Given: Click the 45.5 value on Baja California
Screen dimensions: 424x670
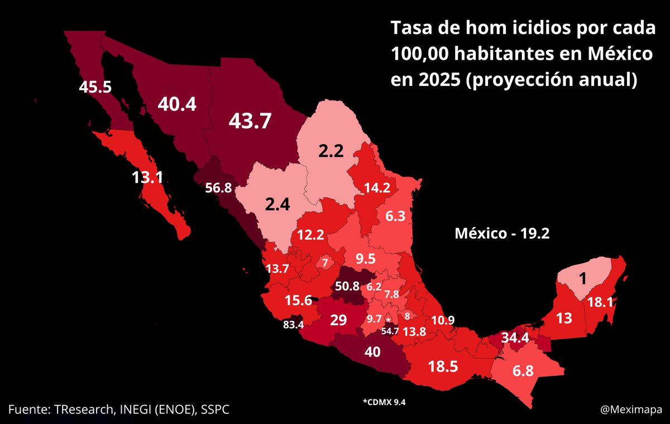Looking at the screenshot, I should click(x=95, y=87).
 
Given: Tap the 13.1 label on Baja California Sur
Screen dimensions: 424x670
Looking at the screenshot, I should click(x=147, y=177).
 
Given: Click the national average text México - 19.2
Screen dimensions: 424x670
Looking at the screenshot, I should click(x=503, y=234).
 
